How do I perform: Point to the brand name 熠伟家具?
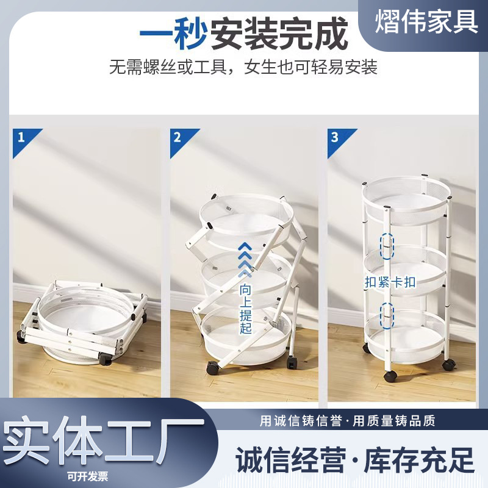click(426, 21)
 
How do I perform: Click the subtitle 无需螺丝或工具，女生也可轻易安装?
click(243, 67)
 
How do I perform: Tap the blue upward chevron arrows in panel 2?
click(246, 260)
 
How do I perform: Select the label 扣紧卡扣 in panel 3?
click(390, 282)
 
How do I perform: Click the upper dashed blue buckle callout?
click(387, 246)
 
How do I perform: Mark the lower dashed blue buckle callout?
click(387, 315)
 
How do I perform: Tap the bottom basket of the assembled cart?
click(404, 337)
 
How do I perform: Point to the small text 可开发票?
click(87, 476)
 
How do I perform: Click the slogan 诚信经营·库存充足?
click(355, 460)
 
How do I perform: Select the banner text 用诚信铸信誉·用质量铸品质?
click(347, 421)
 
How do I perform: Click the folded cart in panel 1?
click(82, 323)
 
